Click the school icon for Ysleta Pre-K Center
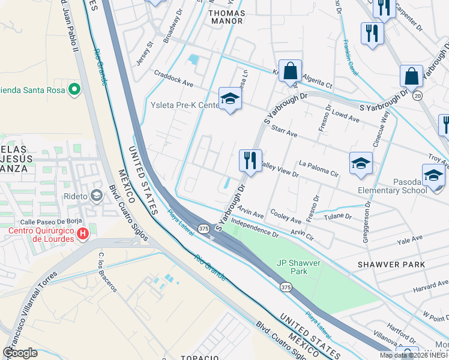[229, 100]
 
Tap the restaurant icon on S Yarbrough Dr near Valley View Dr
[250, 161]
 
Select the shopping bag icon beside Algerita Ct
[290, 71]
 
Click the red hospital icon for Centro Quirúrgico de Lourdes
[83, 233]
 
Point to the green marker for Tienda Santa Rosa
[74, 90]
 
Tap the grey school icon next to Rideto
[96, 196]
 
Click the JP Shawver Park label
[298, 267]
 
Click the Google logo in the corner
[20, 353]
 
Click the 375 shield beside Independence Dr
[204, 229]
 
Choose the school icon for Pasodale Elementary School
[433, 175]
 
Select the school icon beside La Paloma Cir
[361, 163]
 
